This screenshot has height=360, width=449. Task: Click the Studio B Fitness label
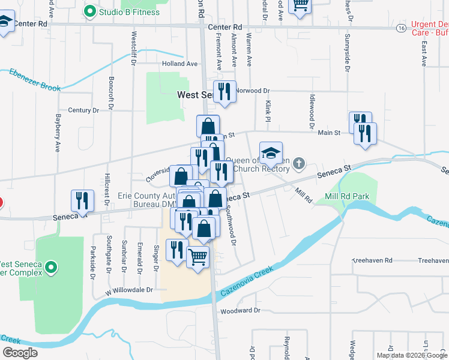(x=130, y=12)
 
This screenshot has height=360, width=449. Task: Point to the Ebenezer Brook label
(x=35, y=80)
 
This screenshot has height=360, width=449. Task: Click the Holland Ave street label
(x=179, y=64)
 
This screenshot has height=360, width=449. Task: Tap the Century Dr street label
(x=83, y=110)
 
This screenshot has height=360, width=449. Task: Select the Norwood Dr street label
(x=252, y=91)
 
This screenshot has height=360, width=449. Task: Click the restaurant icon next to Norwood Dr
(x=224, y=92)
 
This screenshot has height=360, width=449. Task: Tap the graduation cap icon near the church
(x=271, y=153)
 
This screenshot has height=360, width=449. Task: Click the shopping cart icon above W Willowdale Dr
(x=198, y=258)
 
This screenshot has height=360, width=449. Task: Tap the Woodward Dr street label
(x=240, y=311)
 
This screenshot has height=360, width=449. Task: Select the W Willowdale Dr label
(x=128, y=290)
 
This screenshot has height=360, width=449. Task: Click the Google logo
(x=20, y=353)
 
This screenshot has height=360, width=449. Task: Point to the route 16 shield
(x=400, y=28)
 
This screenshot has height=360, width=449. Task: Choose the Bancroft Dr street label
(x=111, y=90)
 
